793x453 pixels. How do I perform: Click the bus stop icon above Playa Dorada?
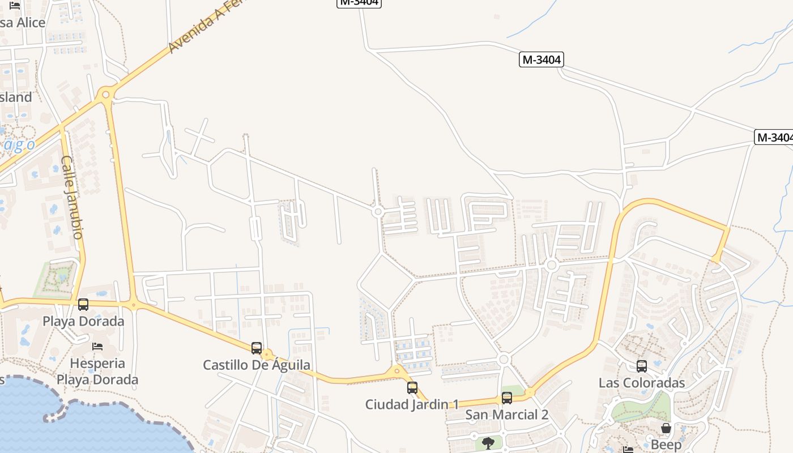tap(83, 305)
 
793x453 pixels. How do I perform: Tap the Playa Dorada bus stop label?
tap(83, 321)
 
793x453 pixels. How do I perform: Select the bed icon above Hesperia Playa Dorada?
tap(97, 346)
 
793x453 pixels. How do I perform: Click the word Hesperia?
tap(97, 363)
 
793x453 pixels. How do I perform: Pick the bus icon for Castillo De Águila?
tap(257, 348)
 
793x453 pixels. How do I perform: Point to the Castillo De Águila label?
tap(257, 365)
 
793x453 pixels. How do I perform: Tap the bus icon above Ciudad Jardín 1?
tap(412, 388)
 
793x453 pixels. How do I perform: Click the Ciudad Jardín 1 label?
tap(412, 404)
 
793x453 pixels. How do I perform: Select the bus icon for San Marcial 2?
tap(507, 398)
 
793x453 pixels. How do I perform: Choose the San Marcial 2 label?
tap(506, 414)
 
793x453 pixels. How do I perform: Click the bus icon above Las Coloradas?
tap(642, 366)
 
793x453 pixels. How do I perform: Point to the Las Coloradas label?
tap(642, 383)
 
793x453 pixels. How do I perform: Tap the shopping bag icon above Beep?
tap(666, 428)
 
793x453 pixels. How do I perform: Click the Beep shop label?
tap(666, 445)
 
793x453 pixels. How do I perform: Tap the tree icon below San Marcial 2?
tap(488, 443)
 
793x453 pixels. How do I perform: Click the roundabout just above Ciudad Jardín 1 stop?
tap(396, 371)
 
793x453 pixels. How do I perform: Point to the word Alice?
tap(31, 23)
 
